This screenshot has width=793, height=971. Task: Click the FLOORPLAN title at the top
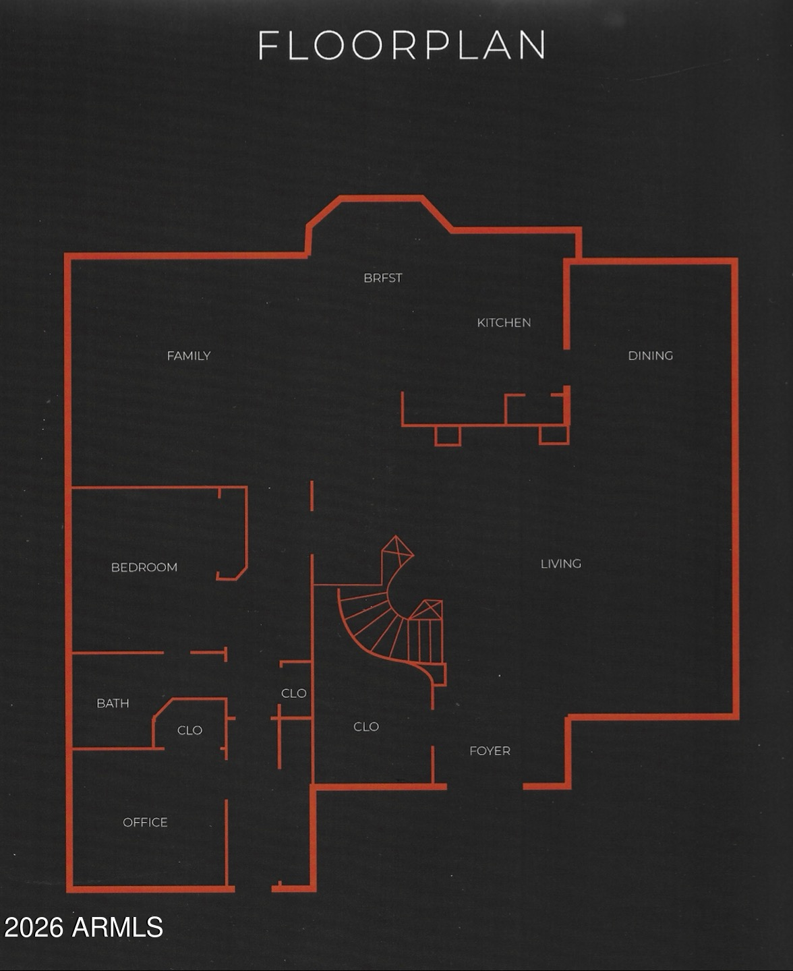[402, 46]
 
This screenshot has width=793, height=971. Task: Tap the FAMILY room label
[189, 355]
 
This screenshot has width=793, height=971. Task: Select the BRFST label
[382, 278]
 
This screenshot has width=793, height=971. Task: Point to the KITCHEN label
[504, 322]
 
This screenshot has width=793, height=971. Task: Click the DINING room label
[650, 355]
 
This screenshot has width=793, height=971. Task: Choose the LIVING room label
[560, 564]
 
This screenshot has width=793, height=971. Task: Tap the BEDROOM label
[144, 567]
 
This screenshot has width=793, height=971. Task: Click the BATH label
[113, 703]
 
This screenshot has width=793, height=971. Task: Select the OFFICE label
[145, 822]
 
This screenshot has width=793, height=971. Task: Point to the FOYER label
[490, 751]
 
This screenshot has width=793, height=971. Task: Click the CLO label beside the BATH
[189, 730]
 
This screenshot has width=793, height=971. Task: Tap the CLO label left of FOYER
[366, 726]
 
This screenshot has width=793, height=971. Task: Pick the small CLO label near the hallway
[293, 693]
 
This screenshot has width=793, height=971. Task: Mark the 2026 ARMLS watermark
[84, 928]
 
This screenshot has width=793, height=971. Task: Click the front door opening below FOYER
[485, 786]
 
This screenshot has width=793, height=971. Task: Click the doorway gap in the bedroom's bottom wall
[177, 653]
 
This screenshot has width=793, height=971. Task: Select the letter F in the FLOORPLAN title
[268, 46]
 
